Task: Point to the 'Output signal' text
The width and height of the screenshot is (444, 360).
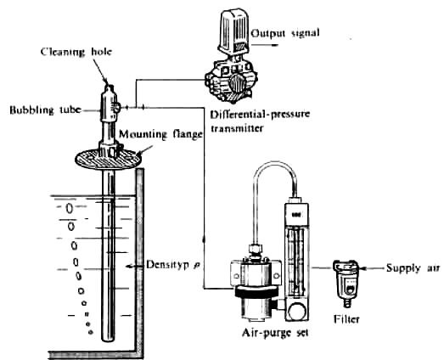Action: [287, 32]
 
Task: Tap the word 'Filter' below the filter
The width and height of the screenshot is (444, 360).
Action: [347, 322]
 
